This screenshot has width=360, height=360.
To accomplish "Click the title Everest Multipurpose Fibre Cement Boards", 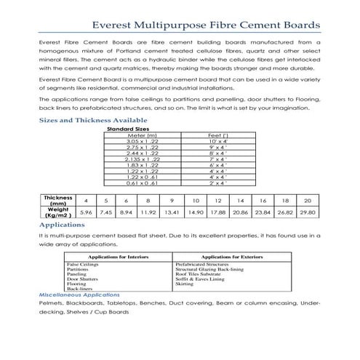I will coord(179,21).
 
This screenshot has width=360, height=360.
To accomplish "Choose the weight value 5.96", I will coord(86,212).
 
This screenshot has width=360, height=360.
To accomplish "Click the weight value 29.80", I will coord(308,212).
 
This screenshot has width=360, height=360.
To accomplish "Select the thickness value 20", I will coord(308,201).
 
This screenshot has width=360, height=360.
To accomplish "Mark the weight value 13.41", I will coord(172,212).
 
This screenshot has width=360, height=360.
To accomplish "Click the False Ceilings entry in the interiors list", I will coord(82,265).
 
